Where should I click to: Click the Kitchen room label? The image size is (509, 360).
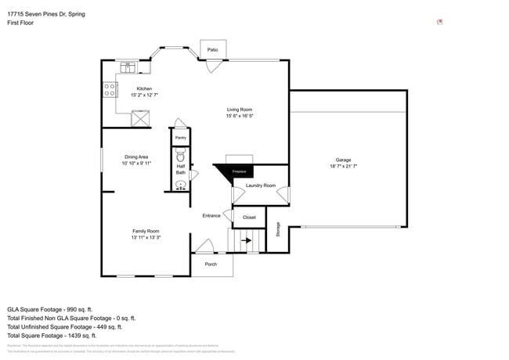[x=144, y=88]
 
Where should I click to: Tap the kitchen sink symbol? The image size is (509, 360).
[x=128, y=67]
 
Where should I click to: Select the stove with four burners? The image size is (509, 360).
[x=108, y=90]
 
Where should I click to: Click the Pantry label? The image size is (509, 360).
[x=180, y=138]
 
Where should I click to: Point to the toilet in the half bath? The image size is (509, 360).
[x=180, y=155]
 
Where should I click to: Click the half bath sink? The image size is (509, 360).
[x=180, y=185]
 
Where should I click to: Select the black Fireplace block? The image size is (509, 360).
[x=236, y=171]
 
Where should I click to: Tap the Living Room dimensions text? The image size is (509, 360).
[x=240, y=116]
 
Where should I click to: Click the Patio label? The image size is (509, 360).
[x=212, y=49]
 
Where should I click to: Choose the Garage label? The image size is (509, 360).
[x=343, y=160]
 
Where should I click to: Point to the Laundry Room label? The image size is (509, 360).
[x=260, y=185]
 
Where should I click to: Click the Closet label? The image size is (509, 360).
[x=249, y=217]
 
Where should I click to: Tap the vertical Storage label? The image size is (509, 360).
[x=277, y=229]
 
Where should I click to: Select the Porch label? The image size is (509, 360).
[x=211, y=264]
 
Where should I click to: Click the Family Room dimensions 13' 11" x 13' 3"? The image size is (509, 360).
[x=146, y=237]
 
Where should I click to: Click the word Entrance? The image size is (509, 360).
[x=211, y=215]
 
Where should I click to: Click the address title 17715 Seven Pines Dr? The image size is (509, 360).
[x=46, y=14]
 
